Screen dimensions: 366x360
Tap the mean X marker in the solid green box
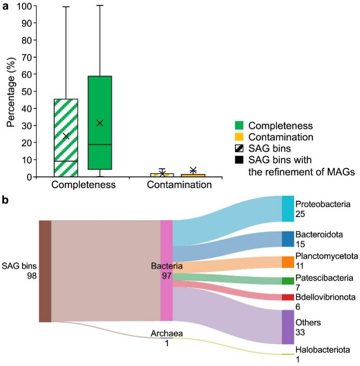tap(100, 123)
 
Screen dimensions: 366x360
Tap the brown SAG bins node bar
tap(45, 271)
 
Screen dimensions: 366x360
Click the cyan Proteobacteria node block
tap(288, 209)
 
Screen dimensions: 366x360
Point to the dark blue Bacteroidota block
tap(288, 239)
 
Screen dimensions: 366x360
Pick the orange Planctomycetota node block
tap(288, 262)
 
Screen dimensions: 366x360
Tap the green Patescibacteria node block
tap(288, 281)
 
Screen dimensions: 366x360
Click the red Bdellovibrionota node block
tap(288, 297)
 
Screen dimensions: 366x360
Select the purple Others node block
tap(288, 327)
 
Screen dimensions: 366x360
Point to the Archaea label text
tap(167, 334)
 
